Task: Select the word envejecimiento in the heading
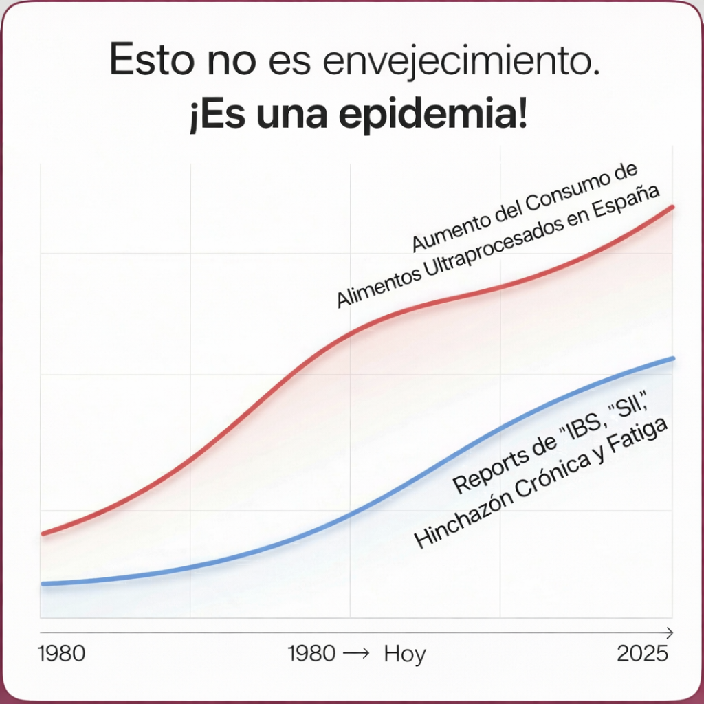[459, 63]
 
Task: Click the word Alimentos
[371, 287]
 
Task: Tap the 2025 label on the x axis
[643, 653]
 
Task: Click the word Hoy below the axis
[405, 654]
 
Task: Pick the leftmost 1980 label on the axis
[62, 653]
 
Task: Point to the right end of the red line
[672, 206]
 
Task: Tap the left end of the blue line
[43, 584]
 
